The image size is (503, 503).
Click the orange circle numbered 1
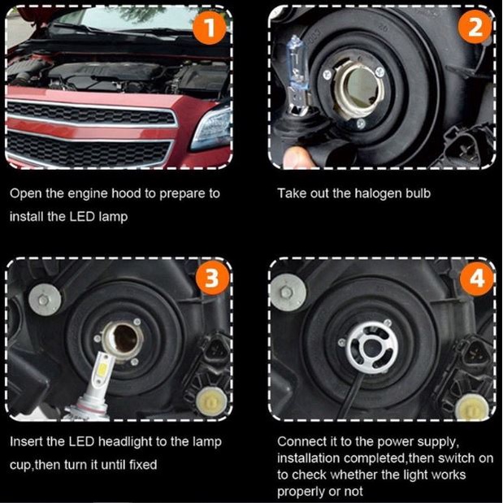(x=209, y=28)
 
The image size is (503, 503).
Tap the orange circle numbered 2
(x=475, y=28)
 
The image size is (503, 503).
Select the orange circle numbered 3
(x=212, y=277)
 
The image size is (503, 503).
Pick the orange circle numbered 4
(x=477, y=279)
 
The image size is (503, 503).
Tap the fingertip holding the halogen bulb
(x=297, y=157)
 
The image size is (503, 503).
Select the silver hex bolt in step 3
(x=45, y=300)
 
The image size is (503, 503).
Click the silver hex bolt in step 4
(x=287, y=293)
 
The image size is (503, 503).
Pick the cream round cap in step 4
(x=472, y=408)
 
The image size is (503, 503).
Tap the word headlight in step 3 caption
(x=125, y=442)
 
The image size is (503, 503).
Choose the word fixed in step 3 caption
(x=143, y=465)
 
